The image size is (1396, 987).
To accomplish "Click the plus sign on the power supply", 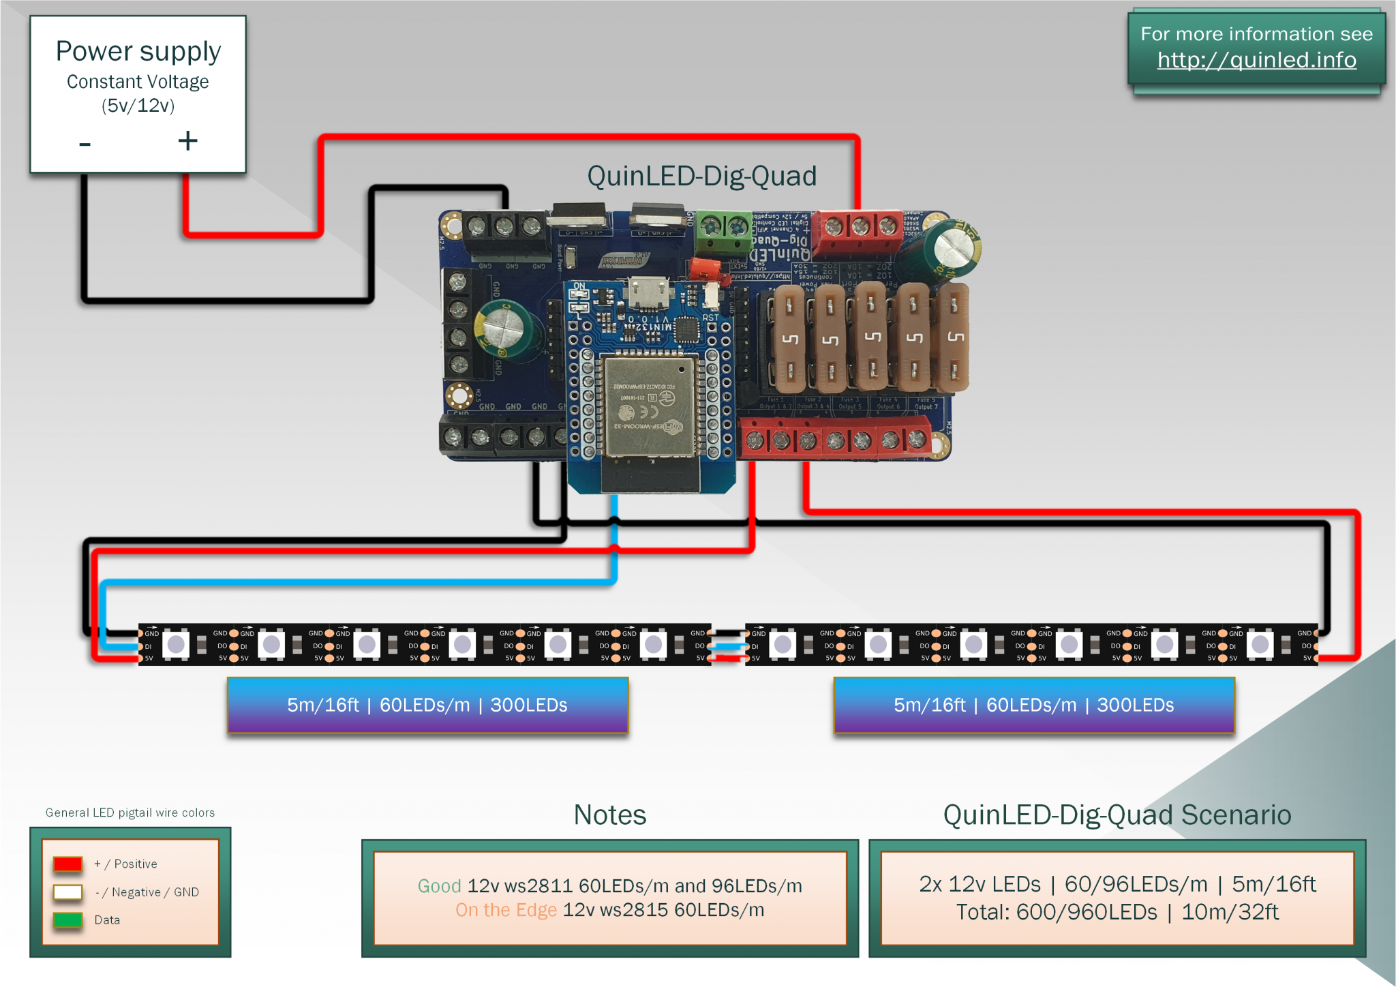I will pyautogui.click(x=187, y=141).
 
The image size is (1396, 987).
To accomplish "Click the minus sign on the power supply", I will pyautogui.click(x=85, y=144).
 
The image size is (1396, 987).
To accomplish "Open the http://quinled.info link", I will pyautogui.click(x=1256, y=60).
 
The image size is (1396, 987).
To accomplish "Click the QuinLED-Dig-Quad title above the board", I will pyautogui.click(x=701, y=176).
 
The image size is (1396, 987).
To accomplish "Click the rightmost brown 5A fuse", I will pyautogui.click(x=954, y=337).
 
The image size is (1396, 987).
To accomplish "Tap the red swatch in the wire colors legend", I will pyautogui.click(x=68, y=864).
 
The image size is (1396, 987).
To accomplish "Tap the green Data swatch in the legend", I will pyautogui.click(x=68, y=920).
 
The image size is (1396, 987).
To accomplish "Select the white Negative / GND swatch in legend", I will pyautogui.click(x=68, y=892).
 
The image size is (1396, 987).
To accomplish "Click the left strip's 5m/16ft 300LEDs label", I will pyautogui.click(x=427, y=705).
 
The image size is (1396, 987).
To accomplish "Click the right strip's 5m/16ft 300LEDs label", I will pyautogui.click(x=1033, y=705).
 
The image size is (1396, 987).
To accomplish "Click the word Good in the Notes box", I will pyautogui.click(x=439, y=885).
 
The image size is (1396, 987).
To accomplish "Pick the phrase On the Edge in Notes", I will pyautogui.click(x=506, y=910).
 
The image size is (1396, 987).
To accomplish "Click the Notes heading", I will pyautogui.click(x=609, y=815).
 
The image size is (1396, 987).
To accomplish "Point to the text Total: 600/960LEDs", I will pyautogui.click(x=1057, y=912).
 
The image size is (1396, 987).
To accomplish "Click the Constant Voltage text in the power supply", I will pyautogui.click(x=138, y=82).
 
